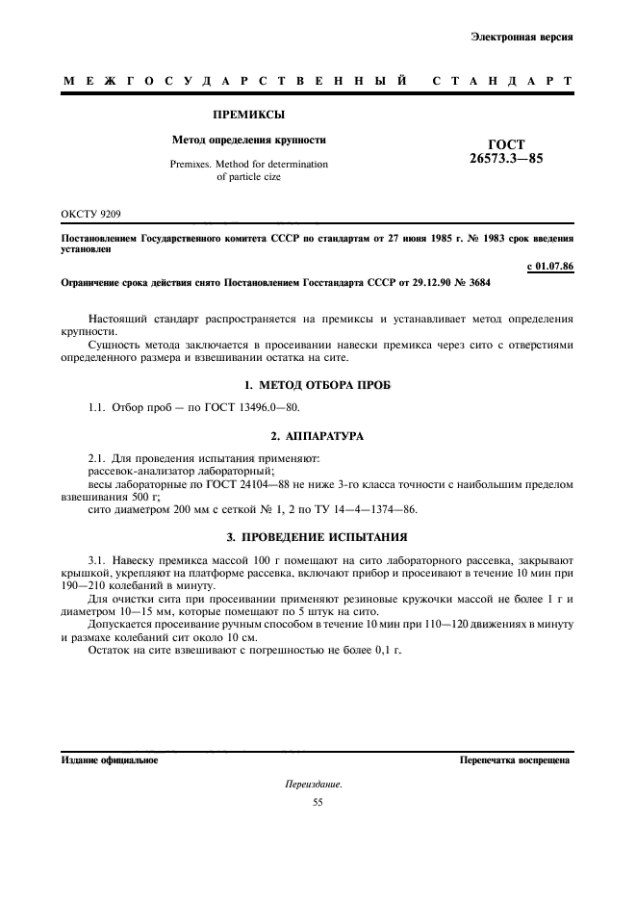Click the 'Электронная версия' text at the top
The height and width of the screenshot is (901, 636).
522,38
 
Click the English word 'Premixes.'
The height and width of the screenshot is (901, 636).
193,165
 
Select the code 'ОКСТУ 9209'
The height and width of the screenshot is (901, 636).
91,213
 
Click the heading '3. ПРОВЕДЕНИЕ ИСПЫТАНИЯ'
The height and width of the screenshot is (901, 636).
317,536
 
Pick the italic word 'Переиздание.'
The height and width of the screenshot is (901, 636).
313,785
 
